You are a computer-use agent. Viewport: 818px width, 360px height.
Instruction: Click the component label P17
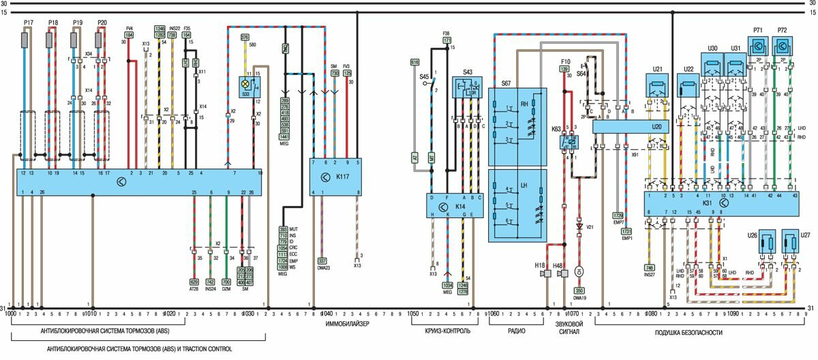(28, 22)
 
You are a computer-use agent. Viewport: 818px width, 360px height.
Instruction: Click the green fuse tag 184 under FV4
(129, 34)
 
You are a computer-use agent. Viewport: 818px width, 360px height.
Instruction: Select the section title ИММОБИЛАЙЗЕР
(347, 325)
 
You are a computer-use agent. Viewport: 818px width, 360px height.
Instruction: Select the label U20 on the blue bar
(657, 127)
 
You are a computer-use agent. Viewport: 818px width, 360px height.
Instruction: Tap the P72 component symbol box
(781, 47)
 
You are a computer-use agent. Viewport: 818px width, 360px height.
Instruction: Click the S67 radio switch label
(506, 83)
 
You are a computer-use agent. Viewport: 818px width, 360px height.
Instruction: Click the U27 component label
(805, 235)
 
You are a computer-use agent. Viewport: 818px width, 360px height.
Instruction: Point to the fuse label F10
(565, 61)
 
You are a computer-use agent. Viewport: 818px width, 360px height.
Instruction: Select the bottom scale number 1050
(412, 314)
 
